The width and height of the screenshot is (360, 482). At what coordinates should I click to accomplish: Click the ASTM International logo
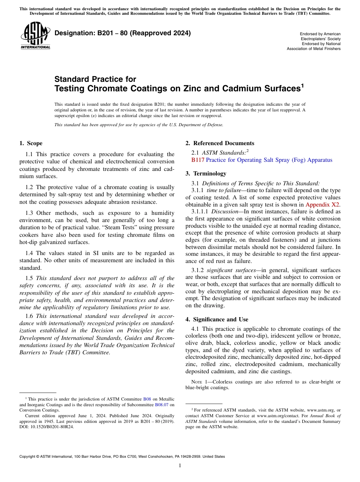click(35, 37)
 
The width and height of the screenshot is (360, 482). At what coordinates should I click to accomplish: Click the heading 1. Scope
click(31, 143)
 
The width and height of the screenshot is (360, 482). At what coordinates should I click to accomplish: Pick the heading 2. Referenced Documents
click(220, 143)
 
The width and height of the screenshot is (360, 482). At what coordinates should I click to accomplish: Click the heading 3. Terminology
click(206, 174)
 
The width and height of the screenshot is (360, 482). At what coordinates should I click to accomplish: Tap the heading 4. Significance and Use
click(217, 319)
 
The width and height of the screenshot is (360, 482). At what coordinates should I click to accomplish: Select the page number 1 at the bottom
click(180, 465)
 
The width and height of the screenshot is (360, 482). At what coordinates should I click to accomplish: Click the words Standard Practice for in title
click(95, 79)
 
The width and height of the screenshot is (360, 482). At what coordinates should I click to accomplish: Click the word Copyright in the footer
click(28, 457)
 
